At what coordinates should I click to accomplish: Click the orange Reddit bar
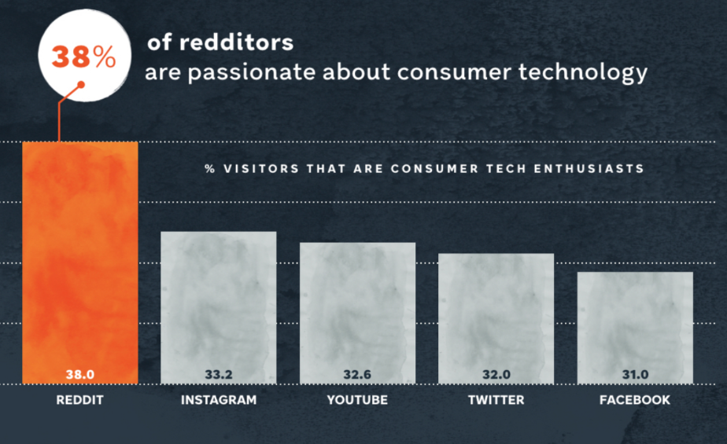pyautogui.click(x=79, y=259)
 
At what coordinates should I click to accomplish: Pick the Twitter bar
pyautogui.click(x=496, y=314)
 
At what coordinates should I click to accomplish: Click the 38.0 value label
pyautogui.click(x=79, y=375)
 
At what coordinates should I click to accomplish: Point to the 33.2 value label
pyautogui.click(x=218, y=375)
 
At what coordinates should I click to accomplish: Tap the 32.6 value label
pyautogui.click(x=357, y=375)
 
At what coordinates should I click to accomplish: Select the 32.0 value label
pyautogui.click(x=496, y=375)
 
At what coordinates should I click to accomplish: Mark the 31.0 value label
pyautogui.click(x=635, y=375)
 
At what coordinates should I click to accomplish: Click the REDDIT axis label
pyautogui.click(x=79, y=400)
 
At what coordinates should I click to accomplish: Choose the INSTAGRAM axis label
pyautogui.click(x=218, y=400)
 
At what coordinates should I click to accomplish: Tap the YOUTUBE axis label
pyautogui.click(x=357, y=400)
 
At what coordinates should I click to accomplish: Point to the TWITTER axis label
pyautogui.click(x=496, y=400)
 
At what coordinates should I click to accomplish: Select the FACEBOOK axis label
pyautogui.click(x=635, y=400)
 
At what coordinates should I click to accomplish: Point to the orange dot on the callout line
pyautogui.click(x=80, y=85)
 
